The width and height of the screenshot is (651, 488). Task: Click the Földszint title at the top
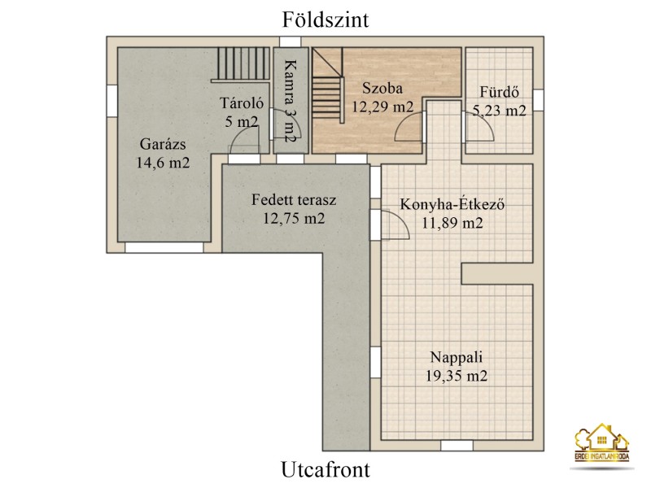pos(325,20)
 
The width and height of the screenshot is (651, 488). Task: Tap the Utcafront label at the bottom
pos(325,469)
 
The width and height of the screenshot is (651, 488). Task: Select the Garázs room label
pos(163,145)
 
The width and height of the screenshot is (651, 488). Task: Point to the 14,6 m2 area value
pos(163,163)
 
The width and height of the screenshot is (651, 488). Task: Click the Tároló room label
pos(241,103)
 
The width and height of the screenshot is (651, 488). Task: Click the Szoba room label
pos(382,89)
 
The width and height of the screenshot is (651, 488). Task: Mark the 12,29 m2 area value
pos(382,107)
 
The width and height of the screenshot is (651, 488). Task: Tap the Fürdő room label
pos(499,92)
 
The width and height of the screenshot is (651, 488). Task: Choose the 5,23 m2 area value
pos(500,111)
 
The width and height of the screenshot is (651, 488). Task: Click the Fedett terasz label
pos(294,200)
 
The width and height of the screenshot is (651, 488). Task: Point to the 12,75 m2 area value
pos(294,218)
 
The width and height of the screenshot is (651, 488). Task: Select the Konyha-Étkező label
pos(452,205)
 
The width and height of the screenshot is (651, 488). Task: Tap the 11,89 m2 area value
pos(452,223)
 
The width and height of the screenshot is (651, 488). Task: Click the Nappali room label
pos(457,358)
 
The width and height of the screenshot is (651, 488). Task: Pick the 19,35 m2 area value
pos(457,376)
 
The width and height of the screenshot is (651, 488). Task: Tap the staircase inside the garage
pos(243,63)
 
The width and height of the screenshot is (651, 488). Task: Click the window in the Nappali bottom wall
pos(457,446)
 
